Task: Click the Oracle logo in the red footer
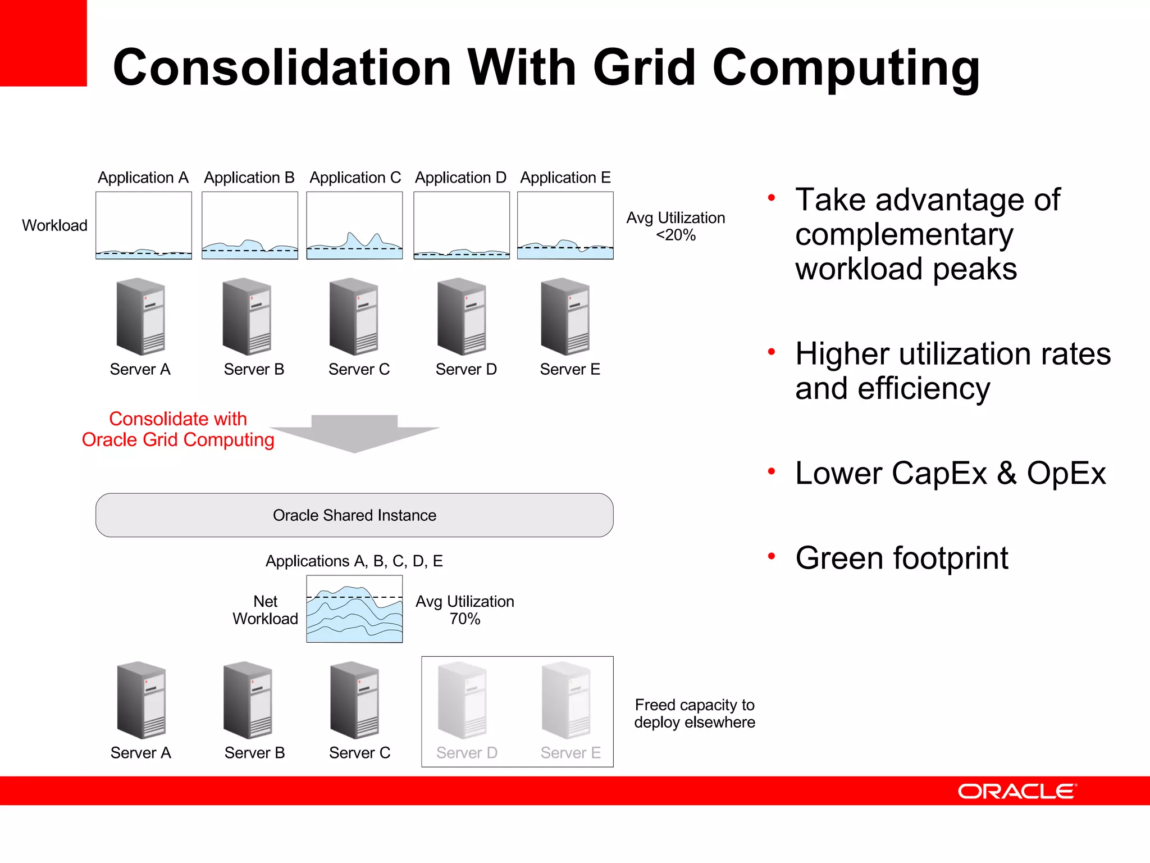click(1017, 791)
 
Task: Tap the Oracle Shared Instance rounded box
click(354, 515)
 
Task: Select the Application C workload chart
click(354, 225)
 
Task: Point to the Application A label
click(143, 178)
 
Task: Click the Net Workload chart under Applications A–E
click(354, 609)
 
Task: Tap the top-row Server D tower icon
click(462, 316)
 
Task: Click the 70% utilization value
click(465, 619)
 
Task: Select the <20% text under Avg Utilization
click(676, 235)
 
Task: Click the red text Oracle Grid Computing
click(178, 440)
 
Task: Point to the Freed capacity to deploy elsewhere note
click(695, 714)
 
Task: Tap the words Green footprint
click(902, 558)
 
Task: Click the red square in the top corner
click(43, 43)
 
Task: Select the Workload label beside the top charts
click(54, 225)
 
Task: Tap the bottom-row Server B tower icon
click(248, 700)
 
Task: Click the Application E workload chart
click(565, 225)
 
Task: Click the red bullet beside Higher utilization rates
click(772, 352)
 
